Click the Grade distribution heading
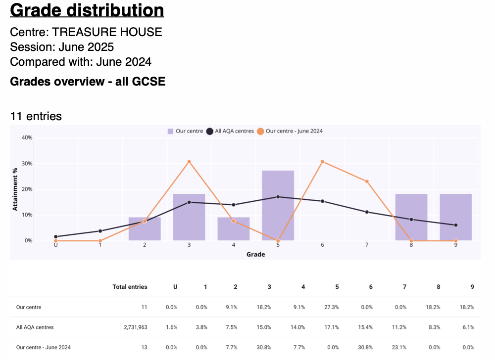point(87,10)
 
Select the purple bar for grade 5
point(278,205)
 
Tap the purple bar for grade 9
point(455,217)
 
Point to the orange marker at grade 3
point(189,162)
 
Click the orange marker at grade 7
point(367,181)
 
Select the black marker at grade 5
point(278,197)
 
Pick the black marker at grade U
point(55,237)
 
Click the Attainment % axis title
point(16,189)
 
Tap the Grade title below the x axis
point(255,255)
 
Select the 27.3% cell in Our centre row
point(332,307)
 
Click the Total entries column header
point(130,287)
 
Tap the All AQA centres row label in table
point(35,327)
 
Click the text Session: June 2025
point(62,47)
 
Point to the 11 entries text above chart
point(36,116)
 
